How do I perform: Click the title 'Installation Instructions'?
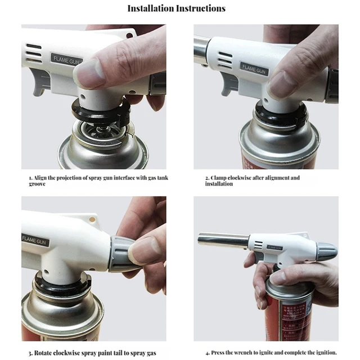[x=176, y=8]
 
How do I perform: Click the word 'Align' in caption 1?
[x=42, y=178]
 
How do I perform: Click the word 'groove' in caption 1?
[x=37, y=184]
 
